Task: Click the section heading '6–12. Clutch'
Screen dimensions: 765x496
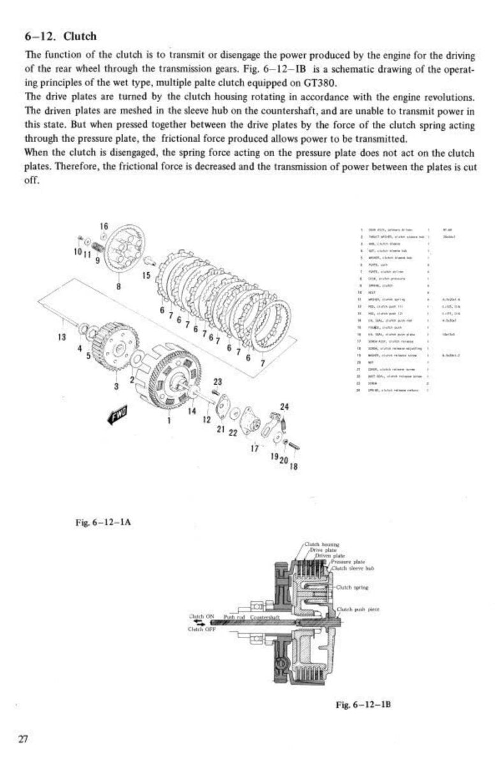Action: (x=61, y=36)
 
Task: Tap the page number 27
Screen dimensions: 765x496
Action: (x=24, y=739)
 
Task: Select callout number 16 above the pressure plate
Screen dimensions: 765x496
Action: (x=104, y=226)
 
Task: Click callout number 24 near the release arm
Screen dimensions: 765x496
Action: (x=284, y=407)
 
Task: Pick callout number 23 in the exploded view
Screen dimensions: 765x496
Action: (x=217, y=381)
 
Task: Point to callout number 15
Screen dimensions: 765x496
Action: (x=147, y=275)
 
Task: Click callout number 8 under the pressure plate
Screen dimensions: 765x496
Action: (x=118, y=286)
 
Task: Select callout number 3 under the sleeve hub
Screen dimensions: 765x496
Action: (x=116, y=386)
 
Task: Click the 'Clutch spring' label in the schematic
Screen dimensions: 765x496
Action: (x=354, y=587)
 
